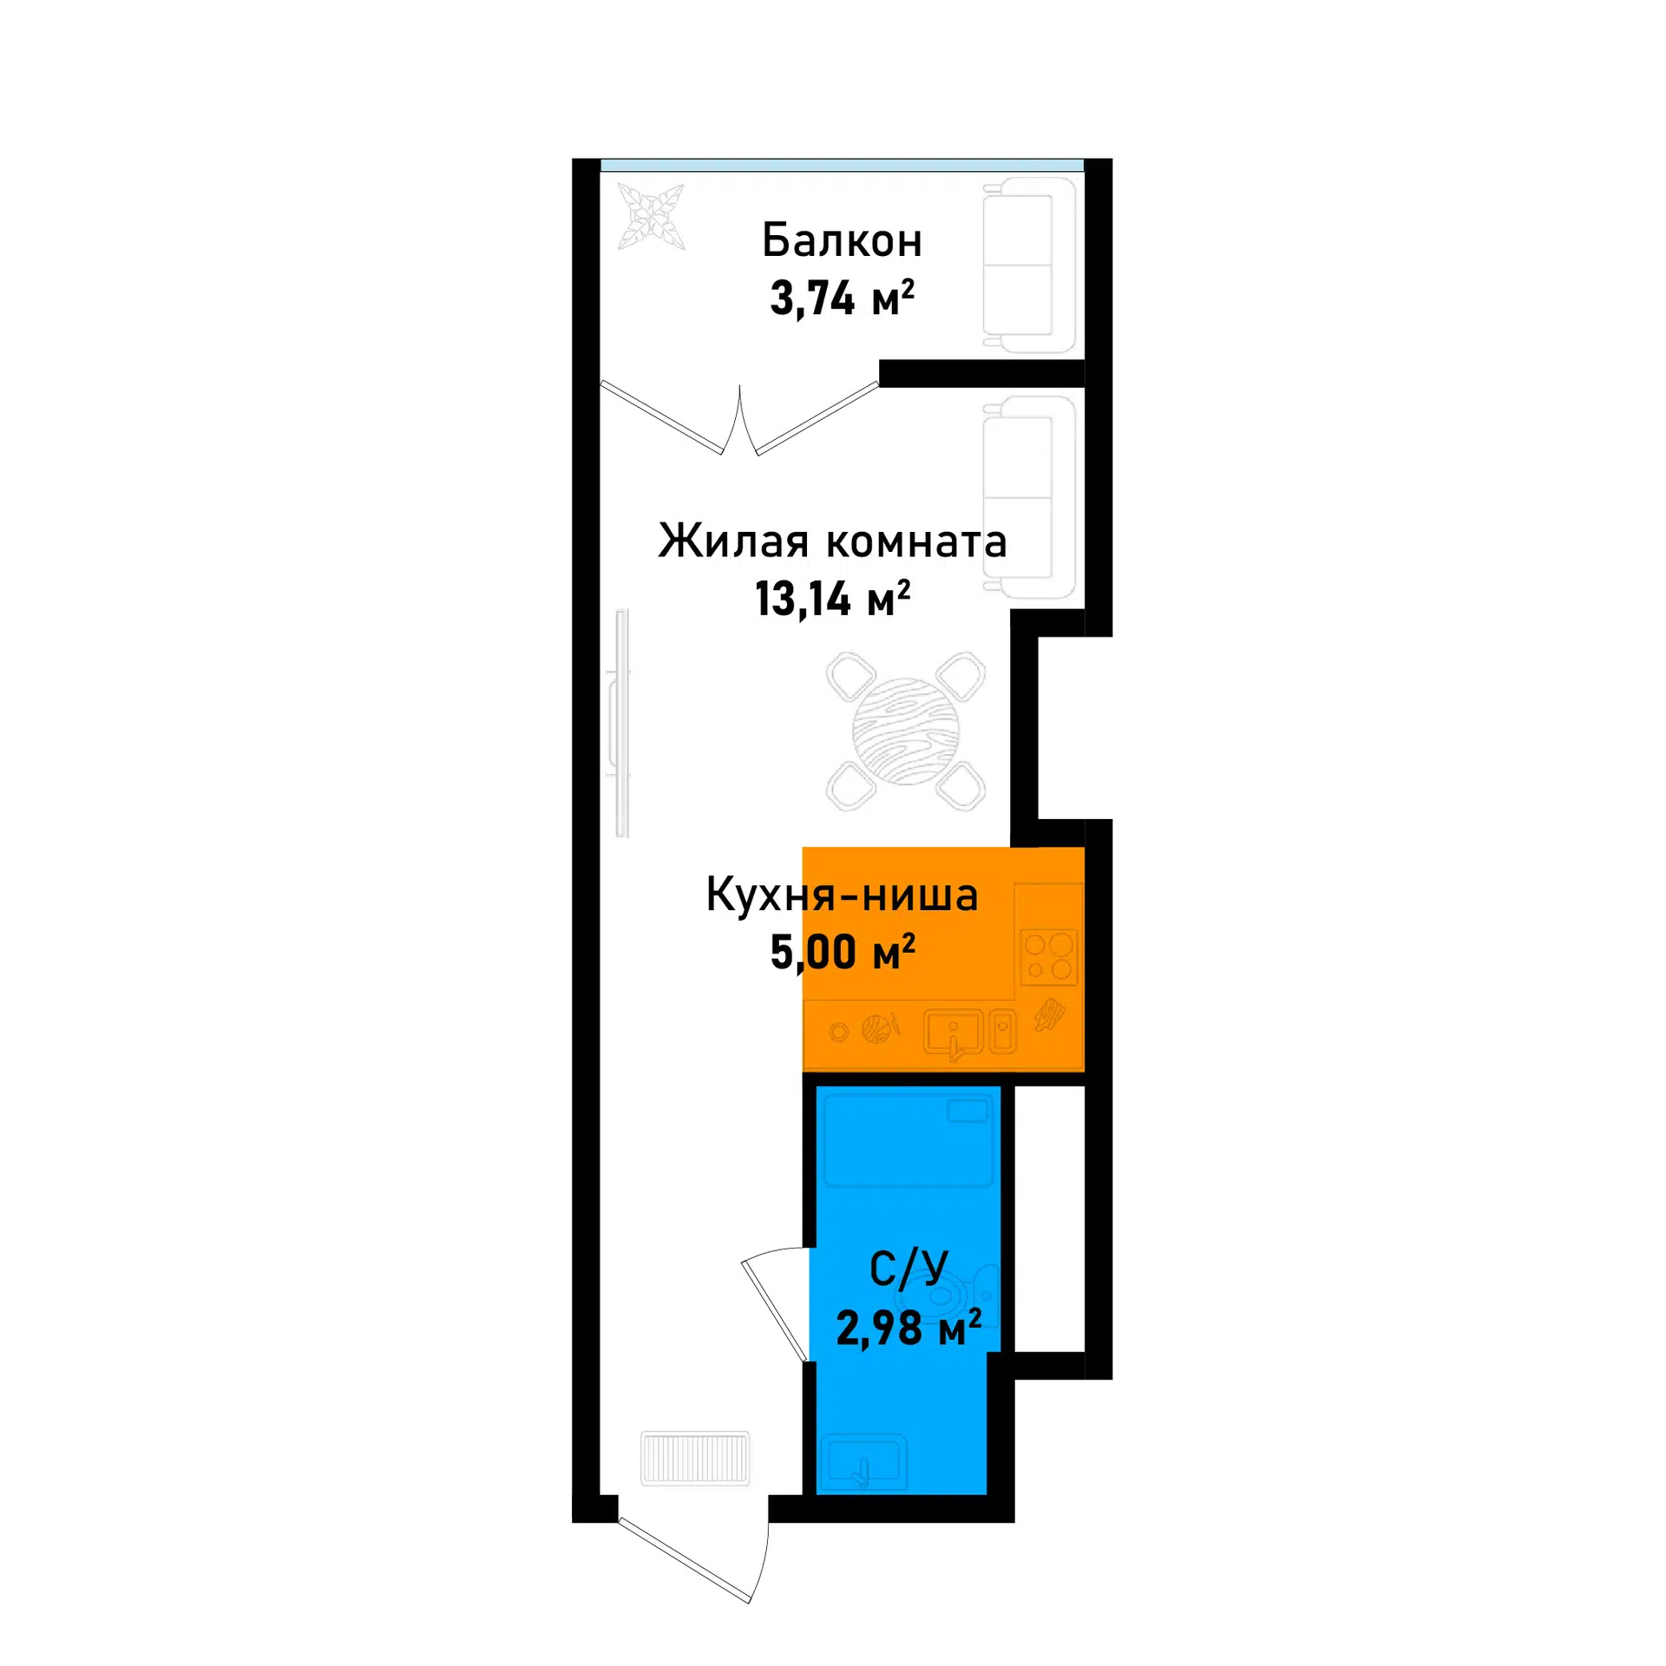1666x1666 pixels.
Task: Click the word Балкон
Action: point(841,240)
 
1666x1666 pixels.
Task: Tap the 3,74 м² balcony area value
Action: point(842,298)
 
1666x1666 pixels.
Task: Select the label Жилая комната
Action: point(832,541)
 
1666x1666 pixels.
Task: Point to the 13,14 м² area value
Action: point(832,599)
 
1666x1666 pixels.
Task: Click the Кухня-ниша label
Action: point(842,895)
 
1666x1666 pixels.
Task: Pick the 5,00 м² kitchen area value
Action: point(843,952)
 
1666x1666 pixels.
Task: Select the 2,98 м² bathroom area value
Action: point(908,1327)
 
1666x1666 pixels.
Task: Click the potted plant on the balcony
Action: point(651,216)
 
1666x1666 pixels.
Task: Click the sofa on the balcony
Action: point(1029,265)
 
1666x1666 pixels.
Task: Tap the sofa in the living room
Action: point(1029,497)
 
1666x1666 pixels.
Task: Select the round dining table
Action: point(906,731)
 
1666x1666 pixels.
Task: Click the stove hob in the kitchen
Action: point(1048,957)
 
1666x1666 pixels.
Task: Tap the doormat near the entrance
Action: point(695,1459)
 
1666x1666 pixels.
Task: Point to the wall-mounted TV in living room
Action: point(620,723)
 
